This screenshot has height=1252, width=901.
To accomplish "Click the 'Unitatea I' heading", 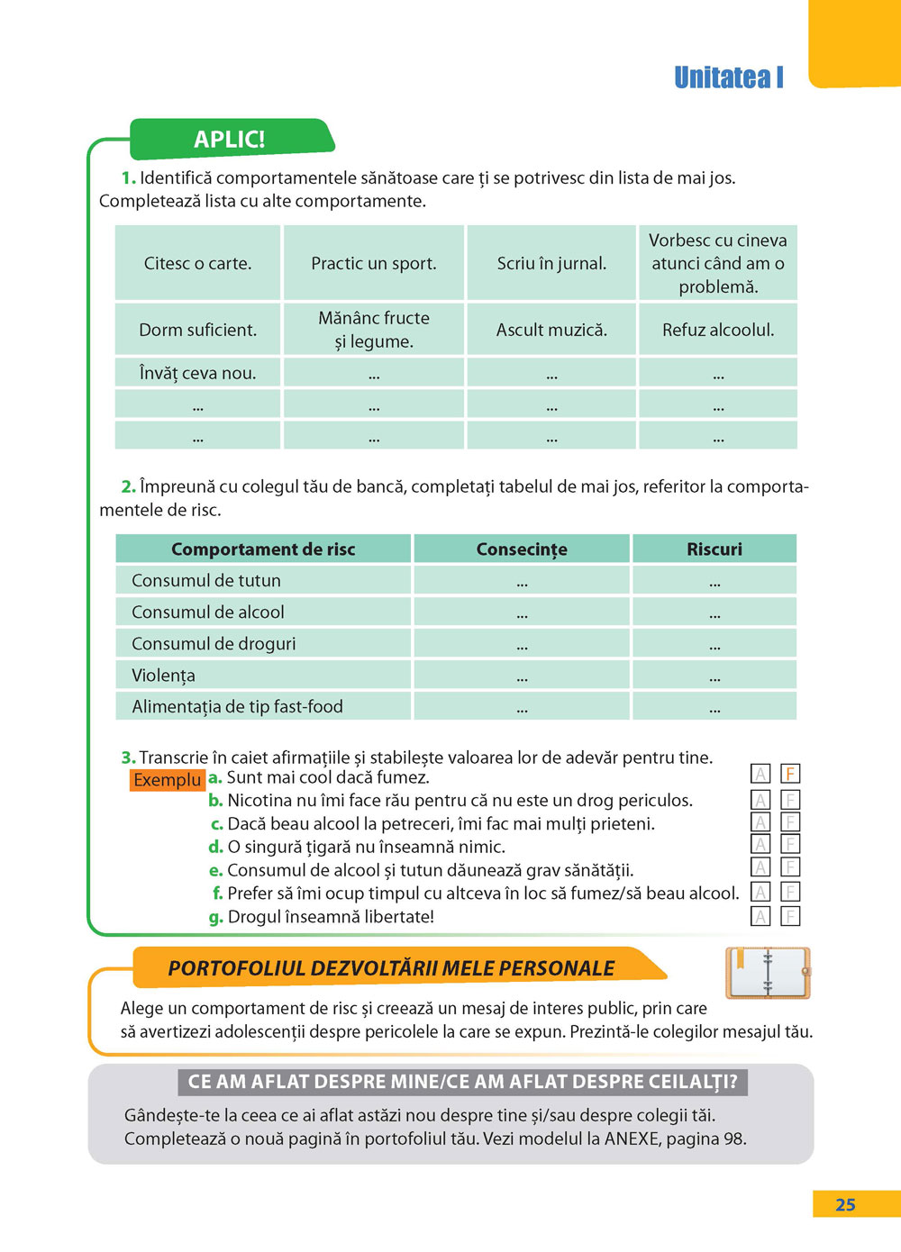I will pos(729,78).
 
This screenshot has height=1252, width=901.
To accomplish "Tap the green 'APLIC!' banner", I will pos(230,140).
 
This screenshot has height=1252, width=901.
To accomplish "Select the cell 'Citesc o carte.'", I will pos(197,264).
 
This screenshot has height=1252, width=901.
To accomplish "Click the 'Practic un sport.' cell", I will pos(374,264).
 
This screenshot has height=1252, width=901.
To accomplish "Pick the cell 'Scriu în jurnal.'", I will pos(551,264).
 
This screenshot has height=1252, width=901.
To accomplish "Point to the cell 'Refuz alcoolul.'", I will pos(718,330).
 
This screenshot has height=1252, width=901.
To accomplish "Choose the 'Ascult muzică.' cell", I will pos(551,330).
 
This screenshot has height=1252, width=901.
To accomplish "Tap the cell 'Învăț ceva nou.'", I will pos(197,373).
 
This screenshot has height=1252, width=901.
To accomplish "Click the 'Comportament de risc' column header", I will pos(263,549).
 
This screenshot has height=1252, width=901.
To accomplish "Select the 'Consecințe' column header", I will pos(522,549).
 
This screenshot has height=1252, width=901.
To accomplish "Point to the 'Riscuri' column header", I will pos(714,549).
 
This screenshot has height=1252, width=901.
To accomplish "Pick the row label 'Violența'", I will pos(163,676).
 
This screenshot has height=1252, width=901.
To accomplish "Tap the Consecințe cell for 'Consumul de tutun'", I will pos(522,581).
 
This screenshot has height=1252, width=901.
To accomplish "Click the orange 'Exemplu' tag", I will pos(168,780).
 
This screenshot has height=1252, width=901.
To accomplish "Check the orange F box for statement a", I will pos(790,774).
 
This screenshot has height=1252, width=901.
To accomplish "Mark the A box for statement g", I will pos(761,917).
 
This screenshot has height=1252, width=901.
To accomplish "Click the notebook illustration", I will pos(768,974).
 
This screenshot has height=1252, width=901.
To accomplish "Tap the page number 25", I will pos(845,1205).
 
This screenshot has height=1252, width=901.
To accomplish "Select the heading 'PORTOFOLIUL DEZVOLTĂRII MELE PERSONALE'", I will pos(391,968).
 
